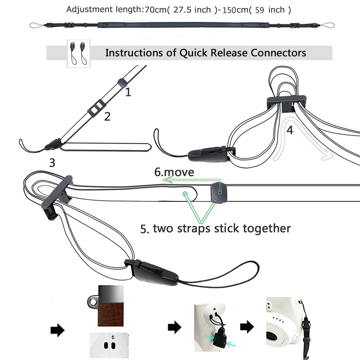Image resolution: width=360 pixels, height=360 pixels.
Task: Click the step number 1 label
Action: (128, 93)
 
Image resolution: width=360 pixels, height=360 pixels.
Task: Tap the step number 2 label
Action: (107, 116)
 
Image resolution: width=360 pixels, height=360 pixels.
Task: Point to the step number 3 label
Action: (52, 163)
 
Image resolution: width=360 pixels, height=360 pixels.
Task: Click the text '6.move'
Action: (174, 172)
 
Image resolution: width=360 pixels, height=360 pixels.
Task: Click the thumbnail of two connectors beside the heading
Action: (79, 54)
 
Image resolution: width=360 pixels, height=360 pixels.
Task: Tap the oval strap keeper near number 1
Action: (123, 82)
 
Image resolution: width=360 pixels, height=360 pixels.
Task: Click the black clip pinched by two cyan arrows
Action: (219, 339)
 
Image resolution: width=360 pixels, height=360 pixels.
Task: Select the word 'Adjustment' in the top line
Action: (88, 10)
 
